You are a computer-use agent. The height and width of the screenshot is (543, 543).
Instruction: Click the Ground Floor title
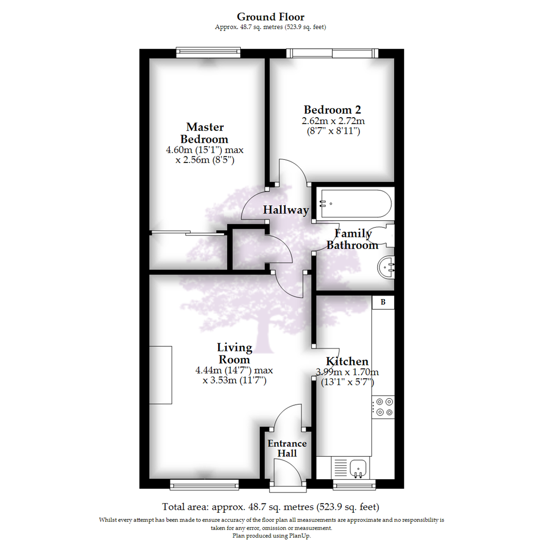pos(270,17)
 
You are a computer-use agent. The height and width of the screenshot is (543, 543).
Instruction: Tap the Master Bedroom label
pos(205,133)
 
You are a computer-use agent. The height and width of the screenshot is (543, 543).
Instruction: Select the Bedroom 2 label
pos(332,110)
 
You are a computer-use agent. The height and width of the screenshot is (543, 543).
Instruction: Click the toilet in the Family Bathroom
pos(382,236)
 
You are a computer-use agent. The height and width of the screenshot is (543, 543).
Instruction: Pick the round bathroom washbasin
pos(386,267)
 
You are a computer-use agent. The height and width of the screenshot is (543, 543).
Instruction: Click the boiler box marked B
pos(383,302)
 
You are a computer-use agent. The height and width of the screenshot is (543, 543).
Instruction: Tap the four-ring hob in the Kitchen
pos(383,407)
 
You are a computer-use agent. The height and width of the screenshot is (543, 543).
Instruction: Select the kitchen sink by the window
pos(358,468)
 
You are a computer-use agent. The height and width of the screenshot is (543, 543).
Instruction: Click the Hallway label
pos(286,210)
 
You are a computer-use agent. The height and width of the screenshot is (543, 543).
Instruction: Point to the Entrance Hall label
pos(287,448)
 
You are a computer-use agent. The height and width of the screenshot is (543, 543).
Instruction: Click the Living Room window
pos(204,485)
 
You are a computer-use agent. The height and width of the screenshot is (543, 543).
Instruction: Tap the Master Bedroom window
pos(208,52)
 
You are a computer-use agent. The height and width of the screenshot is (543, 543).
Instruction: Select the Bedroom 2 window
pos(332,53)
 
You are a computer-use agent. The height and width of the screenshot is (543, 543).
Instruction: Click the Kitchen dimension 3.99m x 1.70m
pos(347,372)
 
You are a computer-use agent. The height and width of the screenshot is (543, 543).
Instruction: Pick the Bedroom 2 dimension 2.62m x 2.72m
pos(333,121)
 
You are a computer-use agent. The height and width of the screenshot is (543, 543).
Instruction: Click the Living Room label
pos(234,353)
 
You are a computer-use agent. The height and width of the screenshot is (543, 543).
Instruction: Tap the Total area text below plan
pos(271,507)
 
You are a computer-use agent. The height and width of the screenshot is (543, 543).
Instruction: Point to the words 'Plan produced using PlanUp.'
pos(271,535)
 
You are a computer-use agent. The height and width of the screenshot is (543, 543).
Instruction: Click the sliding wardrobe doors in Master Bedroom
pos(187,233)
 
